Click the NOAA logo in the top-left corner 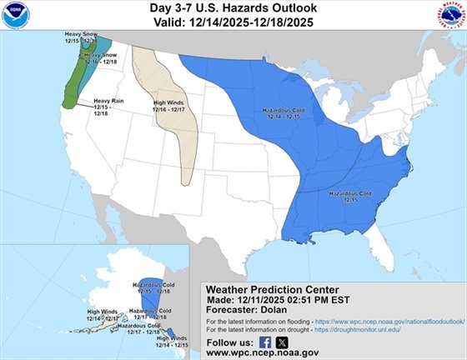(x=15, y=15)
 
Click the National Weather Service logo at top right (x=450, y=15)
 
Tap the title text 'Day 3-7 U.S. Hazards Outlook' (x=233, y=7)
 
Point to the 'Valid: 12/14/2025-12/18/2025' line (x=233, y=22)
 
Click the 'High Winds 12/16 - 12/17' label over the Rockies (x=169, y=107)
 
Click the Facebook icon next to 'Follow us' (x=265, y=342)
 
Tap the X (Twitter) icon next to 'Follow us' (x=282, y=342)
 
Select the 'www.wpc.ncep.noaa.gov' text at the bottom (x=265, y=352)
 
